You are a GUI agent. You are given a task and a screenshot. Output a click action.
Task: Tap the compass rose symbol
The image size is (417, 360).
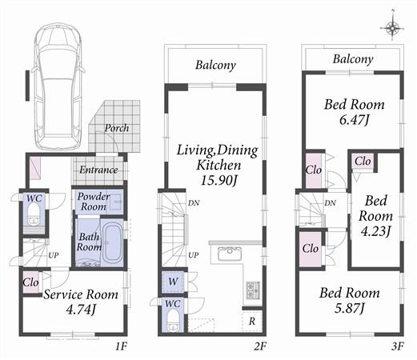[393, 29]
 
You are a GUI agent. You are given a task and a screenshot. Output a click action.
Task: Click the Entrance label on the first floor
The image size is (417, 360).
[98, 170]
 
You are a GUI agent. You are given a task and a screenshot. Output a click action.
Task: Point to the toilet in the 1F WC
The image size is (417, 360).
[33, 212]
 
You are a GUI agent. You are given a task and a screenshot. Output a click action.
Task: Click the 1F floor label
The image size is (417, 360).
[120, 347]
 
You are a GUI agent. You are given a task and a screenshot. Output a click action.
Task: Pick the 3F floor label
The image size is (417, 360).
[397, 347]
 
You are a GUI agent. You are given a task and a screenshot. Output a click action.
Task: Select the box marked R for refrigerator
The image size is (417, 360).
[252, 320]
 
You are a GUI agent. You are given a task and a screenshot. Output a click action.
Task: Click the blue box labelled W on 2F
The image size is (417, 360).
[172, 282]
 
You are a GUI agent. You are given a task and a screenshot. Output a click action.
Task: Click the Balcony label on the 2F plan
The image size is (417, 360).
[215, 66]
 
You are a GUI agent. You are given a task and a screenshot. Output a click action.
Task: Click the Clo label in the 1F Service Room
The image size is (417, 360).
[31, 282]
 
